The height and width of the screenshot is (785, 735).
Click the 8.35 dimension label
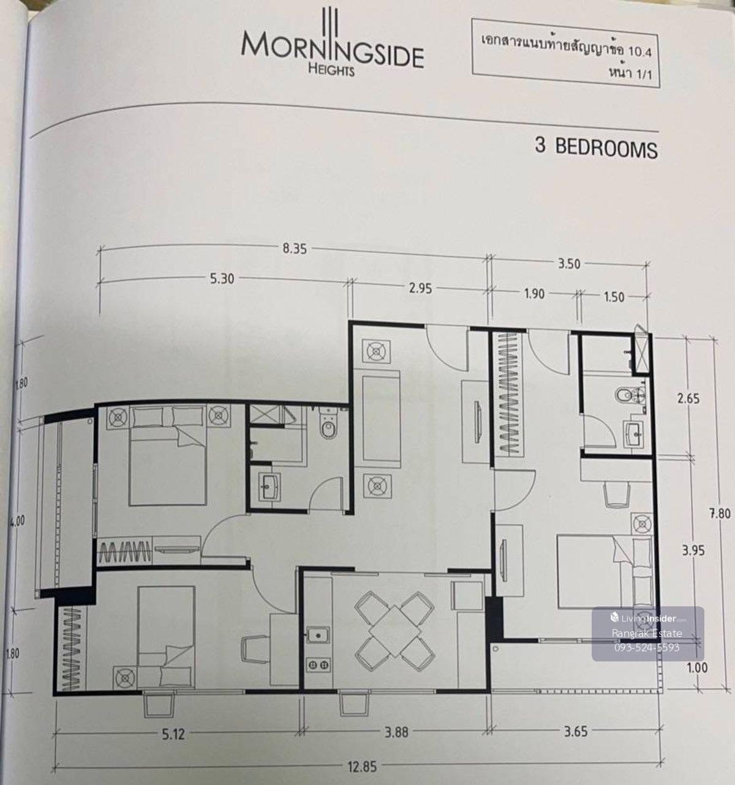(295, 248)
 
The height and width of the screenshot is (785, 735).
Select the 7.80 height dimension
(720, 513)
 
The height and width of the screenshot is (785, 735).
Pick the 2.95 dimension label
(420, 288)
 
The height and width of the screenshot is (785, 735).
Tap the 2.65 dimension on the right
(688, 398)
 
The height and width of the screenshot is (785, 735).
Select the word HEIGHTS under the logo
(331, 70)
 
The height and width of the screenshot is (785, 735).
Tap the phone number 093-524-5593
(647, 648)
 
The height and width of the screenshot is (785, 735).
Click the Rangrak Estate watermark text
(647, 634)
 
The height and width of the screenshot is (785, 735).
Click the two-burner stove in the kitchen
(318, 665)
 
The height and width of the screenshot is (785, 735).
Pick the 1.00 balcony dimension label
(696, 668)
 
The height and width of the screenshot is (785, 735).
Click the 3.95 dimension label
(693, 551)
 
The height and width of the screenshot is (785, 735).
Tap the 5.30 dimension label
(222, 279)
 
